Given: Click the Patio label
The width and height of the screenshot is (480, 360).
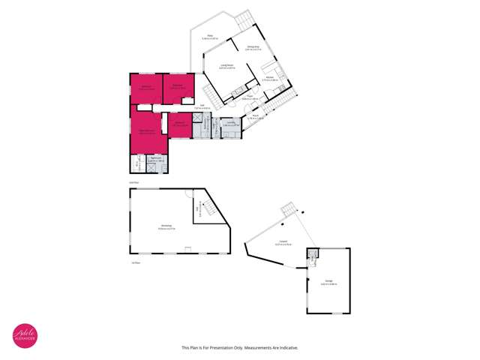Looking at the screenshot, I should [211, 35].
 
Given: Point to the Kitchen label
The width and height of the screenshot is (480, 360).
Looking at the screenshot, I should [269, 77].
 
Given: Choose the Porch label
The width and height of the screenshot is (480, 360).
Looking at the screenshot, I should [267, 115].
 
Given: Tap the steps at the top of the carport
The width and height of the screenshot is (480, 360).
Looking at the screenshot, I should [287, 208].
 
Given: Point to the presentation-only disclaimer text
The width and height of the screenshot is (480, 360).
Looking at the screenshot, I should [240, 347].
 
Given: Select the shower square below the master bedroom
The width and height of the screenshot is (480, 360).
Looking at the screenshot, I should [140, 164].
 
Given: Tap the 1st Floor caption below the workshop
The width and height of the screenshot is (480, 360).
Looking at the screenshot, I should [136, 262].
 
